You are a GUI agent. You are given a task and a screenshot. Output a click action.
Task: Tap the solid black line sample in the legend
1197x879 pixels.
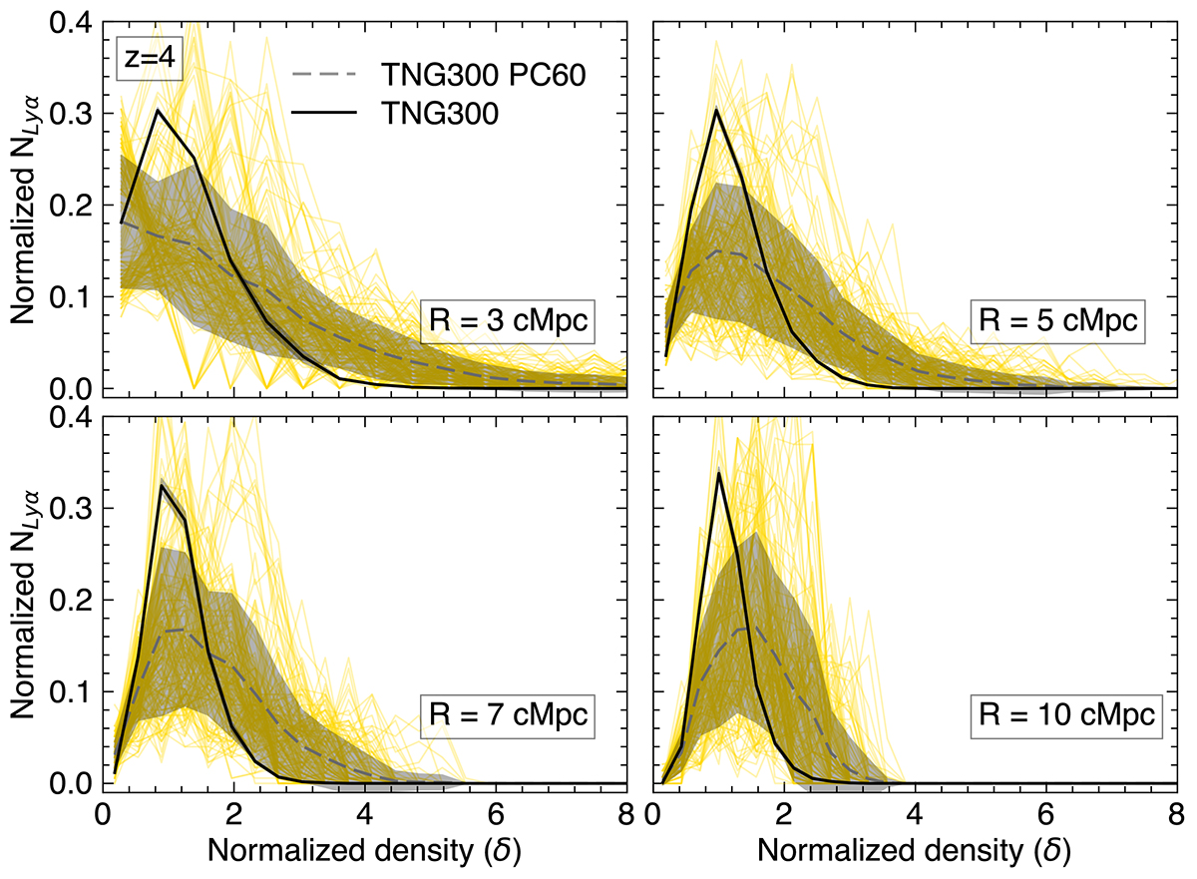point(322,115)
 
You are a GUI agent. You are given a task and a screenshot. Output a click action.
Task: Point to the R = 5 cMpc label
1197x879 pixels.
point(1059,324)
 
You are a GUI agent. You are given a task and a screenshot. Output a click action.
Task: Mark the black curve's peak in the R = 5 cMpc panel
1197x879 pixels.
point(716,110)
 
